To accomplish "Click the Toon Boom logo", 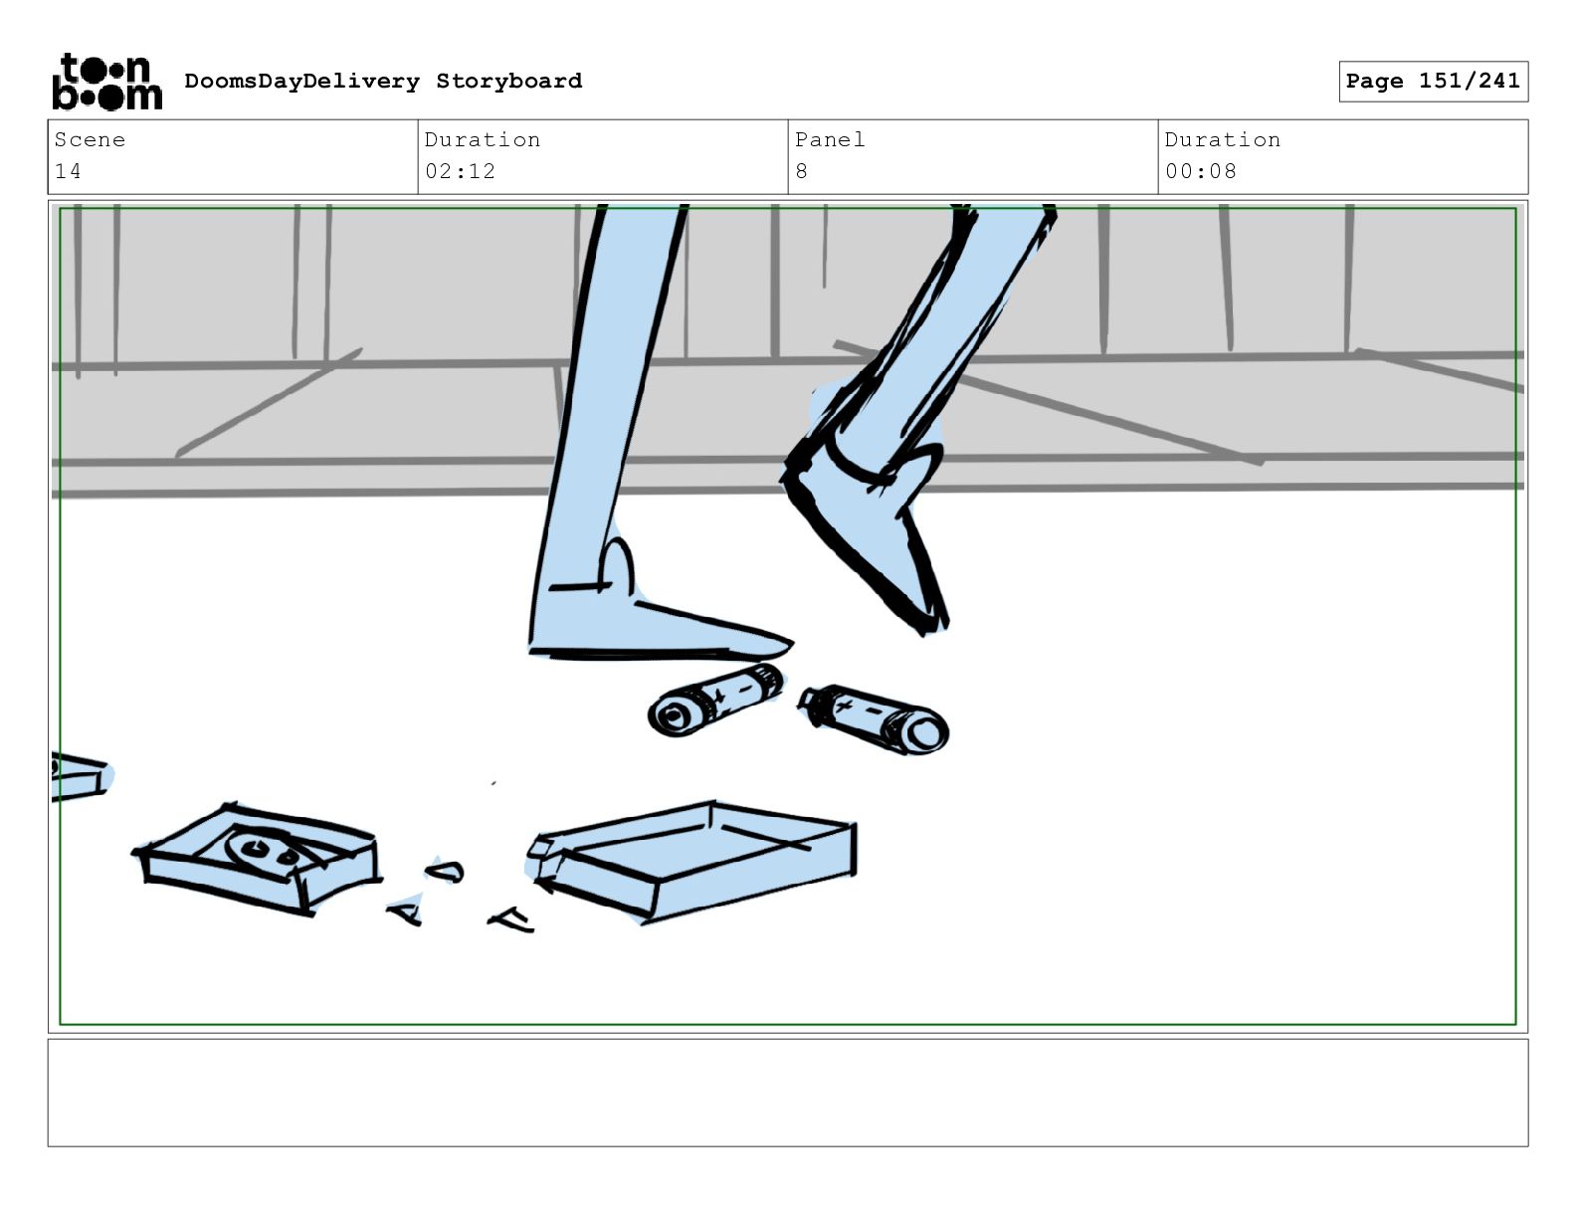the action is click(107, 82).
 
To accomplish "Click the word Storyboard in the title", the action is click(508, 81).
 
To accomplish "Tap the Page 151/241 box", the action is click(1433, 82).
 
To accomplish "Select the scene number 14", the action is click(68, 171).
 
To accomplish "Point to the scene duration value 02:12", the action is click(460, 171).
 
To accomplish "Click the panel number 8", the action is click(801, 171).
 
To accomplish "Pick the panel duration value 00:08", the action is click(1200, 171).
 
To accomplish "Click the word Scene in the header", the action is click(90, 139).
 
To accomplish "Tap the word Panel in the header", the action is click(831, 139).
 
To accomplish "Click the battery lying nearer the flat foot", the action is click(715, 700).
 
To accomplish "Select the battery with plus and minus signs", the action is click(874, 718).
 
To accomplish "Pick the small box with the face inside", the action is click(258, 858).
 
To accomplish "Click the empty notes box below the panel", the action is click(788, 1093).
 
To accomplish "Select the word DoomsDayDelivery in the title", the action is click(302, 81).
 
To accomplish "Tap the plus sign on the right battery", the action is click(844, 706).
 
